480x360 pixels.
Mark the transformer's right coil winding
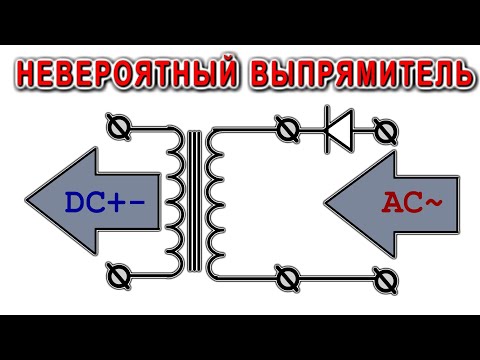(216, 199)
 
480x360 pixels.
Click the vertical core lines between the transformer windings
(198, 199)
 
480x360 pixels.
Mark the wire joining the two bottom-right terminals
(332, 271)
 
